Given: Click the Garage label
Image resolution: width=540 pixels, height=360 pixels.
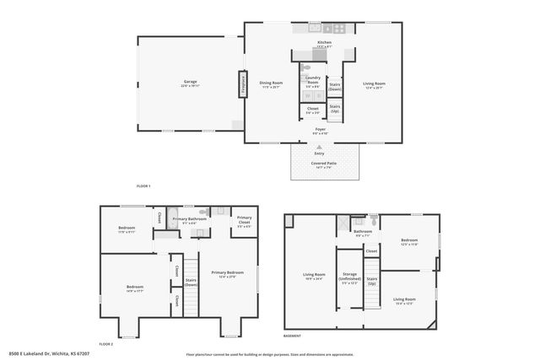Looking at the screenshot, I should pos(189,82).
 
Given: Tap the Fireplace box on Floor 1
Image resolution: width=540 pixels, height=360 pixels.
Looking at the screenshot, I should pos(242,84).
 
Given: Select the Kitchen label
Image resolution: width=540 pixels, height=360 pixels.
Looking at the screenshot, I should pos(325,42).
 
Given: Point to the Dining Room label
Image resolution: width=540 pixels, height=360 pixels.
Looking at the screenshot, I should pos(271,82).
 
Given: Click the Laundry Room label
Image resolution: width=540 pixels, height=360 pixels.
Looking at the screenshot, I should pos(312,80).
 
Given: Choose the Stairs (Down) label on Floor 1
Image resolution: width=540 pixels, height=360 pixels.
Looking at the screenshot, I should pos(335,86).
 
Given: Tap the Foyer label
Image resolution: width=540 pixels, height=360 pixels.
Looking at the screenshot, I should pos(320,129).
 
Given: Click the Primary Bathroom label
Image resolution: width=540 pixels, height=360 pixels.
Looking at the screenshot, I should pos(190,219).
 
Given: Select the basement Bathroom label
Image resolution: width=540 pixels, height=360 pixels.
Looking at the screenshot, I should pos(363,232).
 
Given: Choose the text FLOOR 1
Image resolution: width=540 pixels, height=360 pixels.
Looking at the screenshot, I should pos(143,185).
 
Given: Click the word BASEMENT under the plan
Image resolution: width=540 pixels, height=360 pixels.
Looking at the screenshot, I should pos(292,336).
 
